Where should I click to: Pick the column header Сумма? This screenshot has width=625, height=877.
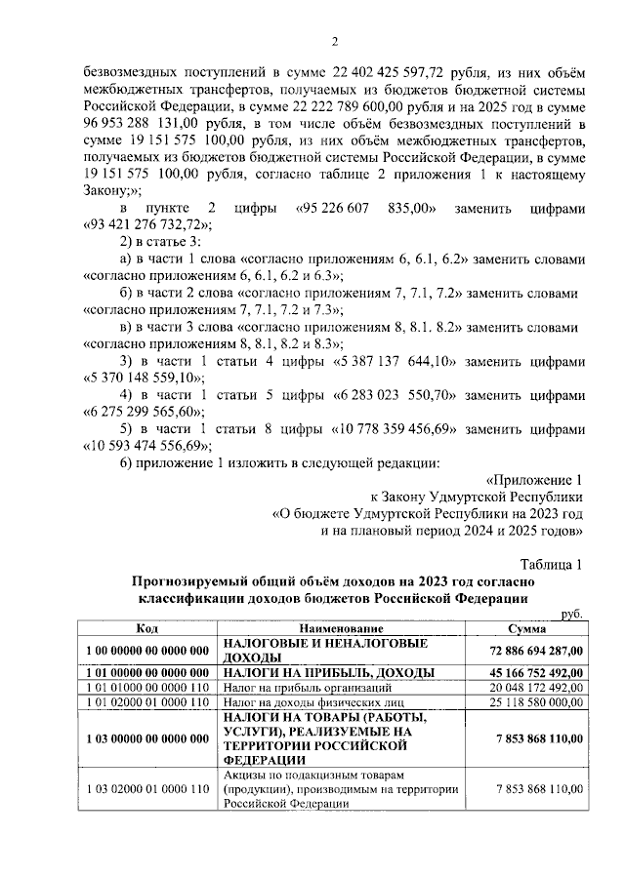coord(533,630)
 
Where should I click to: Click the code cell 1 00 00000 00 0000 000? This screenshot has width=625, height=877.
coord(147,651)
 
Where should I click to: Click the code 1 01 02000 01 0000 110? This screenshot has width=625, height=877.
coord(147,701)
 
